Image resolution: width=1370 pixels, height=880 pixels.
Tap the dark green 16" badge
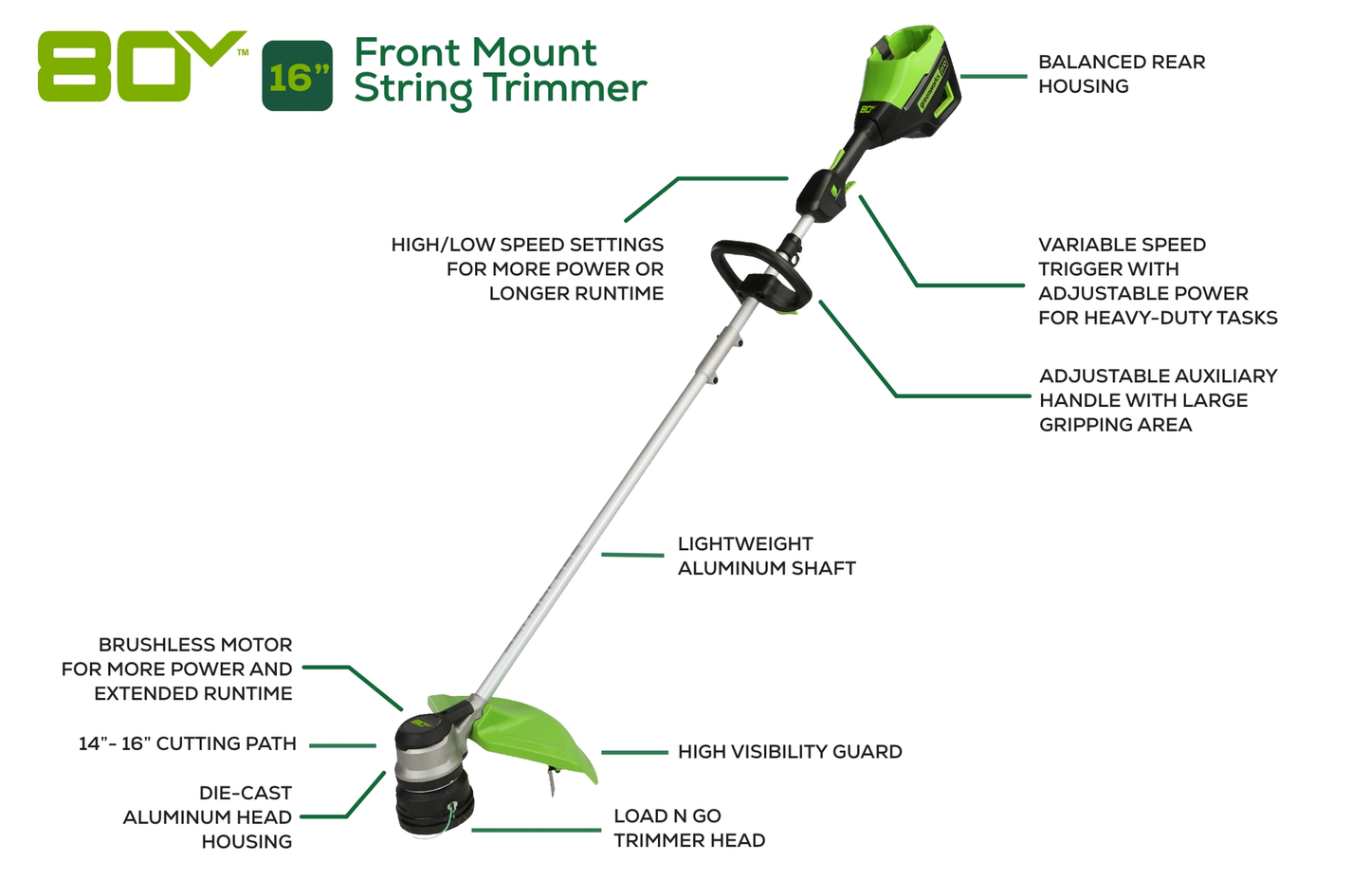tap(297, 76)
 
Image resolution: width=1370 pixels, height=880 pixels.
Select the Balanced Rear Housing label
tap(1121, 74)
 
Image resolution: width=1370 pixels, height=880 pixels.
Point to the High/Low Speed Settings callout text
tap(527, 269)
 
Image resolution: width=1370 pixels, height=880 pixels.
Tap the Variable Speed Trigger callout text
tap(1157, 281)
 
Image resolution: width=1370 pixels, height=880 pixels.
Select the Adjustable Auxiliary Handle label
tap(1157, 400)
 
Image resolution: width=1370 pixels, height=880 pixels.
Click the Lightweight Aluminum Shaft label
tap(766, 556)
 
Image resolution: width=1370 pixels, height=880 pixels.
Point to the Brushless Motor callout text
tap(177, 669)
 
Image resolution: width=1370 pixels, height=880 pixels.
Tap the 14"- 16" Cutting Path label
tap(188, 743)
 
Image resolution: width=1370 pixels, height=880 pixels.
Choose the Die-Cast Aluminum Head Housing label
tap(209, 816)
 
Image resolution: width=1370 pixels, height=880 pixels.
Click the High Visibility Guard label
tap(789, 752)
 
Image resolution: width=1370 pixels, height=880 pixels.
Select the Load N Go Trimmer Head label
tap(688, 828)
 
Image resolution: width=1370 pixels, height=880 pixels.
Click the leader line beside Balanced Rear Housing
tap(993, 76)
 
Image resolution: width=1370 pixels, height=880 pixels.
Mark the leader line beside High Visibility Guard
tap(634, 753)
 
